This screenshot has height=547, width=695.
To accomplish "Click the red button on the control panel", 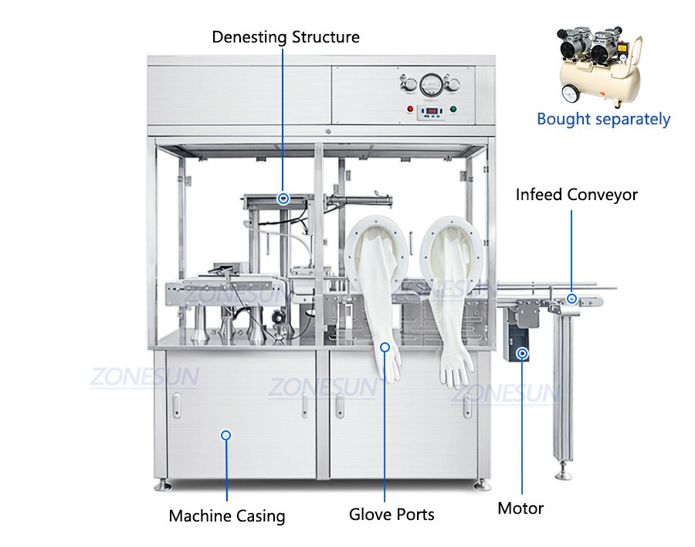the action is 411,109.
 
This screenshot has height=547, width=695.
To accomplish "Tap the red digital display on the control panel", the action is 431,110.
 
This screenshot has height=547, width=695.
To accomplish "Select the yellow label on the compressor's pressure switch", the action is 622,46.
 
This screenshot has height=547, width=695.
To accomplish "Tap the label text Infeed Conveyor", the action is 576,195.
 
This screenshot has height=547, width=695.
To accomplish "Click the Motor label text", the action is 520,508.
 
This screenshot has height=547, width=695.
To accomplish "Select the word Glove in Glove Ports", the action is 369,515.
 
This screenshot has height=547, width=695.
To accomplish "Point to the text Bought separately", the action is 603,119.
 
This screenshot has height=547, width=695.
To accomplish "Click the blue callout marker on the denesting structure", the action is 283,199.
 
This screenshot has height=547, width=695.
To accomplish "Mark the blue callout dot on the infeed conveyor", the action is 571,298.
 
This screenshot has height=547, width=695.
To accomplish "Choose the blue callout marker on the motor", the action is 523,354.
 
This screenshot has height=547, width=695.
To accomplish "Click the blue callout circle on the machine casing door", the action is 226,435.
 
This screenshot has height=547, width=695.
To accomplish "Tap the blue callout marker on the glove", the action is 385,348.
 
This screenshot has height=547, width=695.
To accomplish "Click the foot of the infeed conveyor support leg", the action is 564,474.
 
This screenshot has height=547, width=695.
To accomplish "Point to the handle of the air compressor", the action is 636,62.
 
